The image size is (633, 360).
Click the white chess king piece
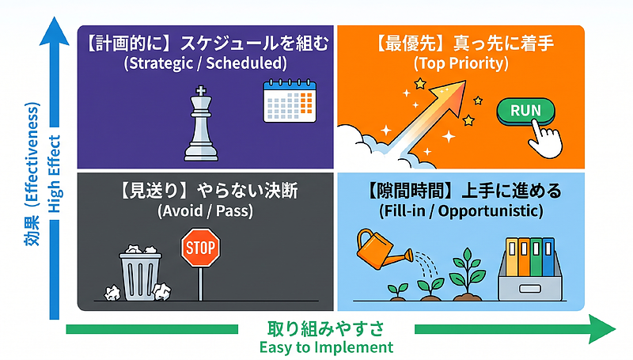coord(201,125)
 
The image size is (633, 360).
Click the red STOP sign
coord(200,248)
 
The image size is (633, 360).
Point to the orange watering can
coord(380,249)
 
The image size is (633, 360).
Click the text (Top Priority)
coord(461,63)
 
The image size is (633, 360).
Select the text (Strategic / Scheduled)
coord(206,63)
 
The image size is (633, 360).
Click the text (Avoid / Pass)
coord(205,210)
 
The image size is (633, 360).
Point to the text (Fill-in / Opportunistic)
coord(461,210)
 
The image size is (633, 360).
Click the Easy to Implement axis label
coord(326,347)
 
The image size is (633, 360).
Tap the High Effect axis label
coord(55,174)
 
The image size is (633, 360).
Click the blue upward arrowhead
coord(54,31)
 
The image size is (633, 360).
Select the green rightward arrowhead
coord(601,329)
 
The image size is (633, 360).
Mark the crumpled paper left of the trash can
coord(112,293)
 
